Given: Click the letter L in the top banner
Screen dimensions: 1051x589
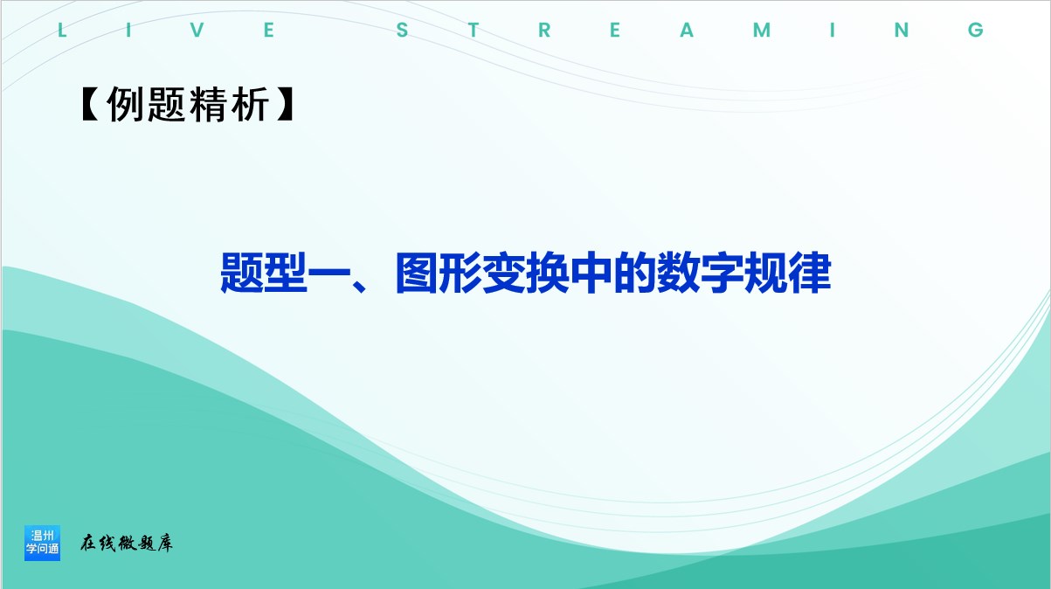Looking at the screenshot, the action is pyautogui.click(x=62, y=31).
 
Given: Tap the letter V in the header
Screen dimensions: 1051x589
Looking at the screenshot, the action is pyautogui.click(x=197, y=31).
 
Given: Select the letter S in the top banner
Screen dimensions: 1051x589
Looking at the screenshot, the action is pyautogui.click(x=402, y=31).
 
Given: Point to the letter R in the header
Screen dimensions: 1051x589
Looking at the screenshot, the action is pyautogui.click(x=544, y=31).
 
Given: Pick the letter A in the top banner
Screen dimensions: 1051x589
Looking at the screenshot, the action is pyautogui.click(x=687, y=31).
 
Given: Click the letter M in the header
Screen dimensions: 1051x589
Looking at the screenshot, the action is pyautogui.click(x=762, y=31).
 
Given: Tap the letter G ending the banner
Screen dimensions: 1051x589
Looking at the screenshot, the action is pyautogui.click(x=976, y=31).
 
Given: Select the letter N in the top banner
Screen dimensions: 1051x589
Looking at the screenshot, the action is pyautogui.click(x=902, y=31).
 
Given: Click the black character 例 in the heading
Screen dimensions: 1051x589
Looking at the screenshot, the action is pyautogui.click(x=124, y=104).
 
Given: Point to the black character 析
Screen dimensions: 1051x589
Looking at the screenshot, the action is pyautogui.click(x=250, y=104).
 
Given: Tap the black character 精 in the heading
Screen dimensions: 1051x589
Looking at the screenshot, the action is pyautogui.click(x=208, y=104).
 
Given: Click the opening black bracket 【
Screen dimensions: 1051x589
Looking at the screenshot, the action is pyautogui.click(x=90, y=104).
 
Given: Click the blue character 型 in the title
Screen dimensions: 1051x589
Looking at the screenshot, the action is pyautogui.click(x=286, y=273).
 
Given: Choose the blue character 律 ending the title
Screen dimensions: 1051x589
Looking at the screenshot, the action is pyautogui.click(x=810, y=273).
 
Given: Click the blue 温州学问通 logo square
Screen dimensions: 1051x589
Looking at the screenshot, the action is pyautogui.click(x=42, y=543).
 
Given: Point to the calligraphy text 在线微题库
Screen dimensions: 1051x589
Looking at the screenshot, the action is pyautogui.click(x=126, y=543).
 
